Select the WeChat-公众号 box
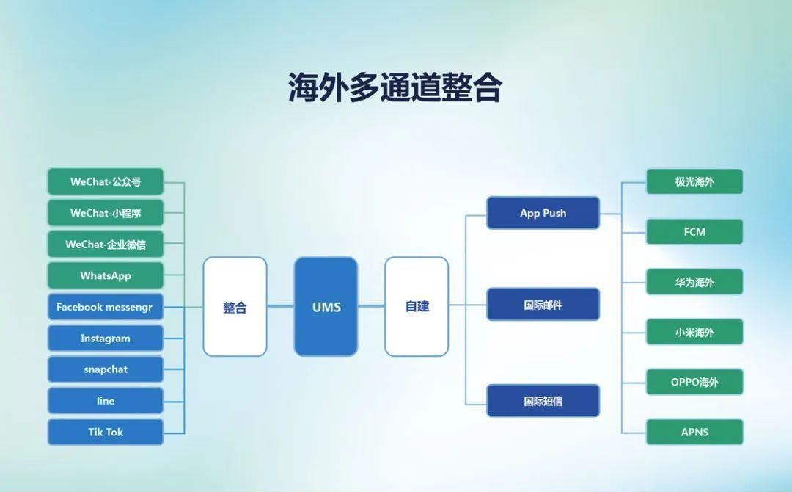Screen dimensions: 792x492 pyautogui.click(x=106, y=181)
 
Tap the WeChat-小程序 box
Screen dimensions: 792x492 pyautogui.click(x=106, y=213)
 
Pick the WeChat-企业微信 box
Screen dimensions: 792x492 pyautogui.click(x=106, y=245)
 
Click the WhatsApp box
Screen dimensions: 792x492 pyautogui.click(x=106, y=275)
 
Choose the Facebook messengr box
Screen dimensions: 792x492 pyautogui.click(x=106, y=307)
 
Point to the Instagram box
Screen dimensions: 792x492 pyautogui.click(x=106, y=339)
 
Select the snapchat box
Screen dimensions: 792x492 pyautogui.click(x=106, y=369)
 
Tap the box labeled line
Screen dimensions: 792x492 pyautogui.click(x=106, y=400)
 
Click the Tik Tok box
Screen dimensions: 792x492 pyautogui.click(x=106, y=432)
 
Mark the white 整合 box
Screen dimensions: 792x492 pyautogui.click(x=235, y=306)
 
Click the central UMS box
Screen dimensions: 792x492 pyautogui.click(x=326, y=306)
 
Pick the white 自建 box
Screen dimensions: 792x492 pyautogui.click(x=417, y=306)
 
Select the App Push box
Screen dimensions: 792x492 pyautogui.click(x=543, y=213)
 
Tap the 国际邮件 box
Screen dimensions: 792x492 pyautogui.click(x=543, y=305)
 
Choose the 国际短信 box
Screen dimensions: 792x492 pyautogui.click(x=543, y=400)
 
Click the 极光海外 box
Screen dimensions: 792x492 pyautogui.click(x=694, y=181)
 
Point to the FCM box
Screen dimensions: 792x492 pyautogui.click(x=694, y=231)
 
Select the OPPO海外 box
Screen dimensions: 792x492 pyautogui.click(x=694, y=382)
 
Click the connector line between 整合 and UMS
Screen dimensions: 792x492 pyautogui.click(x=280, y=306)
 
